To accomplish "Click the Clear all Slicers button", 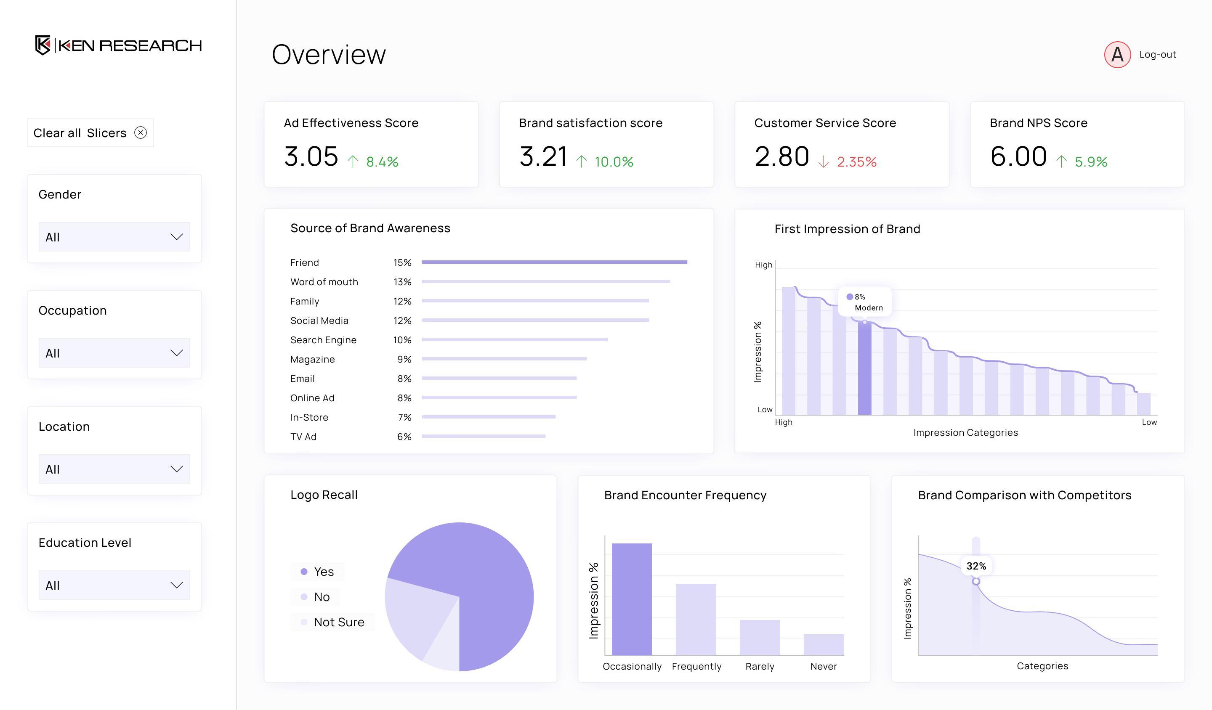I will [90, 132].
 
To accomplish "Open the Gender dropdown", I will [114, 236].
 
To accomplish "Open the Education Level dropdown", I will [114, 585].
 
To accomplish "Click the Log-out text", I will [1157, 55].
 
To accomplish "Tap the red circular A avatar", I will [1117, 55].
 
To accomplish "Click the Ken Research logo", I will [118, 45].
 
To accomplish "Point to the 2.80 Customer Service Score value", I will [781, 157].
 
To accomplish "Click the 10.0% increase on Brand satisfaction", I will [613, 162].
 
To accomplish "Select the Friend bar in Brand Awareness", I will [554, 262].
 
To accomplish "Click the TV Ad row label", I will [303, 437].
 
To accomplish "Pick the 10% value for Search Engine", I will [402, 340].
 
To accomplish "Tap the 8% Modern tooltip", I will [864, 302].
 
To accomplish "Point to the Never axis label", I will [824, 666].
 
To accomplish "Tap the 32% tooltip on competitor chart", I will [976, 566].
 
